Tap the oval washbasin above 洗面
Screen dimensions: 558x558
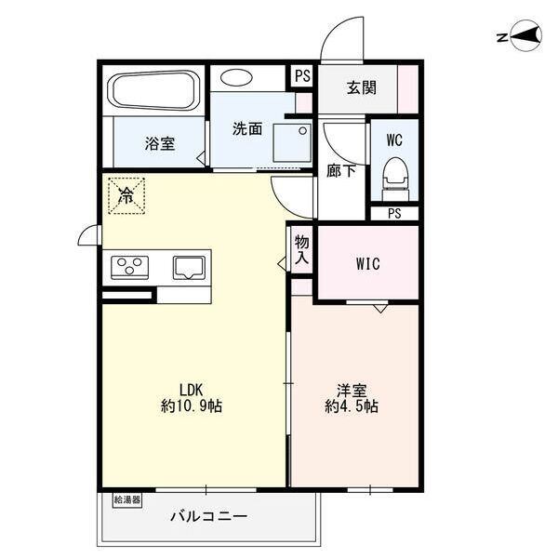point(236,77)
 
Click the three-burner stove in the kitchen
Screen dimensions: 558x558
point(129,267)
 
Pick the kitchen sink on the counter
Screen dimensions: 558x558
point(189,268)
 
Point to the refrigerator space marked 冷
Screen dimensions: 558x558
point(126,195)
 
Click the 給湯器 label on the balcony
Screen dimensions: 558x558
point(127,500)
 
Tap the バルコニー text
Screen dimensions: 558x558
point(208,516)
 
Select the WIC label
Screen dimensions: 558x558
point(368,264)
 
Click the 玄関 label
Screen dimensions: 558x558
point(362,87)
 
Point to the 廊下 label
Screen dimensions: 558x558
point(341,171)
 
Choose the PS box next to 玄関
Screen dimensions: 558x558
point(302,76)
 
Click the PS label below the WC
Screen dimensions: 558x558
point(394,214)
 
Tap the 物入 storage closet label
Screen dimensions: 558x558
point(301,249)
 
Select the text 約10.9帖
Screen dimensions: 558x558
point(192,405)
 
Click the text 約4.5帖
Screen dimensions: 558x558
point(352,405)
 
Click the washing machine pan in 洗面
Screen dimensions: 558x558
point(292,142)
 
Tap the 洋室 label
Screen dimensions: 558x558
point(352,391)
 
